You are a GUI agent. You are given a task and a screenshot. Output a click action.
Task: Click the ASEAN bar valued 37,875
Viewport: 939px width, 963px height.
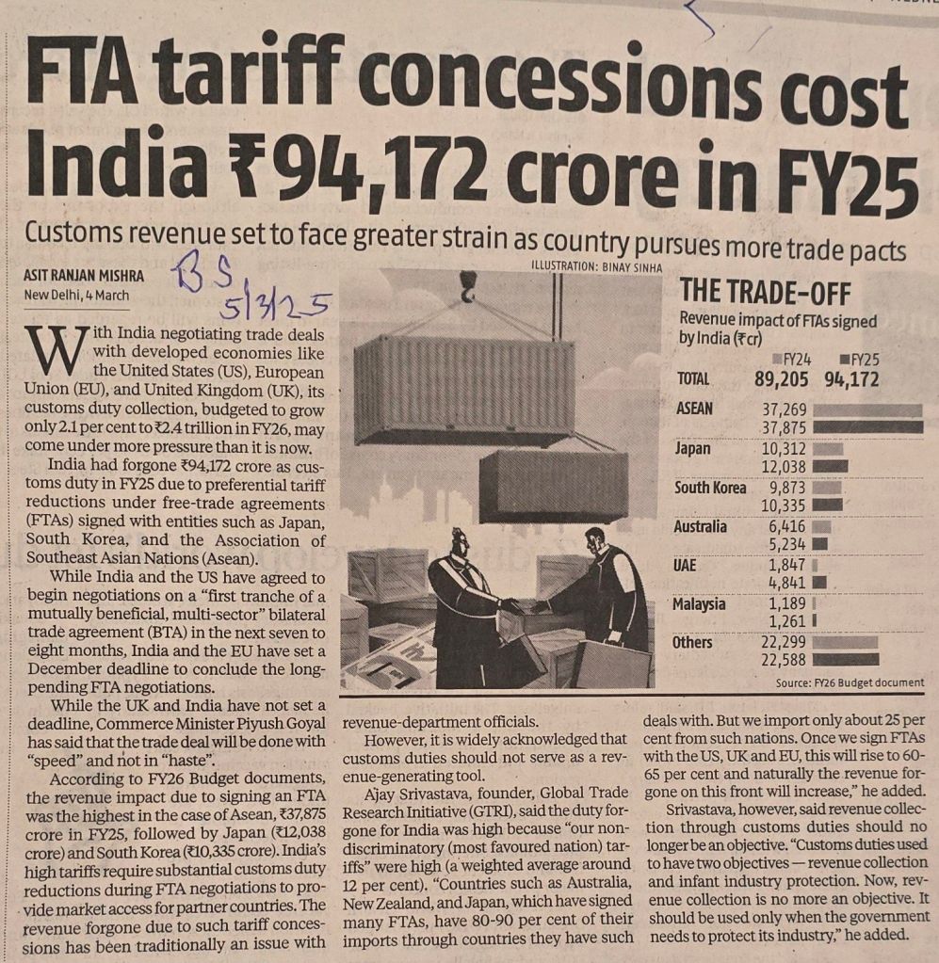[867, 426]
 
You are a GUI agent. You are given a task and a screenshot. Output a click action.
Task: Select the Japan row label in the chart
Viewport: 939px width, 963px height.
[693, 449]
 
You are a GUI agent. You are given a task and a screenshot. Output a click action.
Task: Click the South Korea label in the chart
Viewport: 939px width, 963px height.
[710, 488]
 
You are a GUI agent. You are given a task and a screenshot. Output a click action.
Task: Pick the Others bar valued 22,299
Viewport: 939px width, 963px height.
[844, 643]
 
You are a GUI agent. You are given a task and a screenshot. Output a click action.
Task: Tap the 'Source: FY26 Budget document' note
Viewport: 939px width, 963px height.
[849, 682]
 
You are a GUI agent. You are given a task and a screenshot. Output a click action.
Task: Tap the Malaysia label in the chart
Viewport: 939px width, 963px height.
[699, 603]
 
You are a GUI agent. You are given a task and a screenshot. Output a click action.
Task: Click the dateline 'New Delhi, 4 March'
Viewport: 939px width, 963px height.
[77, 296]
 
